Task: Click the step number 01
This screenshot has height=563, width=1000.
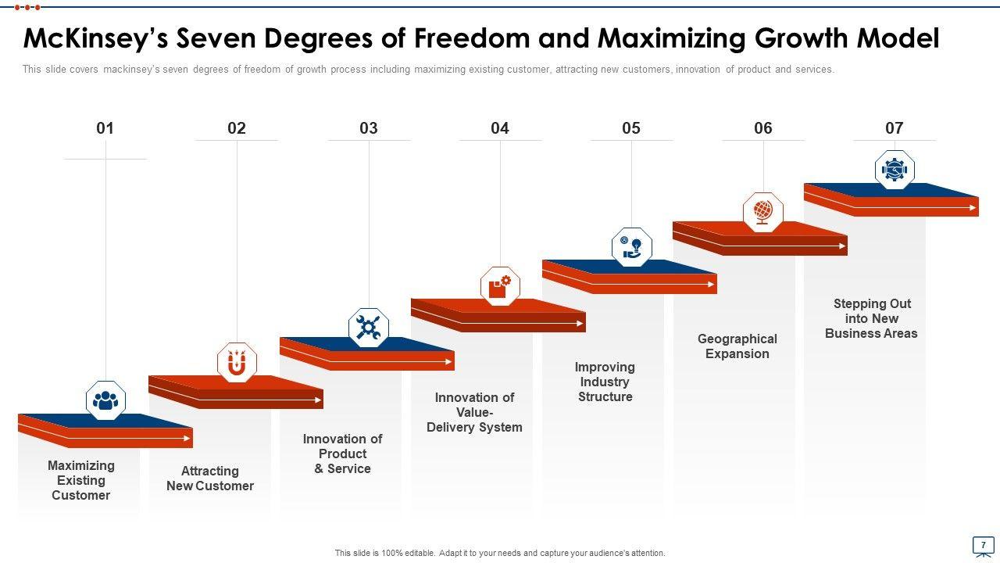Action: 105,128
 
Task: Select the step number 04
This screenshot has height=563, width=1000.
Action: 500,128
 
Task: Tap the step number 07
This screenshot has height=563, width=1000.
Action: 894,128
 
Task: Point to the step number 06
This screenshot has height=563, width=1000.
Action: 762,128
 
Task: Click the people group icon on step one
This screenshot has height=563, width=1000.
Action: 105,400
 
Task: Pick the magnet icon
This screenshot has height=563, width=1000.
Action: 237,363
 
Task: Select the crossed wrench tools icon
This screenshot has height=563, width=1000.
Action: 368,327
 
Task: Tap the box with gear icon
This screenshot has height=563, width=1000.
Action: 500,286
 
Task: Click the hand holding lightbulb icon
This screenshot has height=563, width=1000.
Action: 631,248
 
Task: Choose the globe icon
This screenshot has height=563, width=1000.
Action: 762,211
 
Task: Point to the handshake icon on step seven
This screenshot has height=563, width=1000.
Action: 895,170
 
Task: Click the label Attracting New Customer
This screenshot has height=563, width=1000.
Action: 210,479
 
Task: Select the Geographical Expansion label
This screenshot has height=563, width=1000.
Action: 737,346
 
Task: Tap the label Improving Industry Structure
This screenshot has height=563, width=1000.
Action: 605,382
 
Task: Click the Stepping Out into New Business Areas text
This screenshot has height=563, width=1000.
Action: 871,318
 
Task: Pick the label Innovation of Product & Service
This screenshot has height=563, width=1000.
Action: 342,454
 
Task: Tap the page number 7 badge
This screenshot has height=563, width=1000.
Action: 983,544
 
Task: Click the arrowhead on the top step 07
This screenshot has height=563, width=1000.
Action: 973,207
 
